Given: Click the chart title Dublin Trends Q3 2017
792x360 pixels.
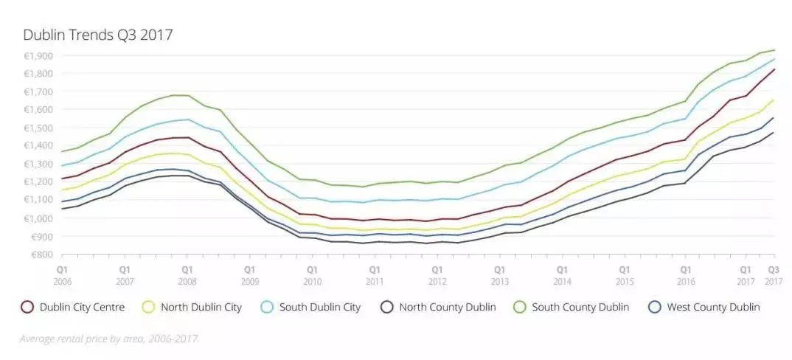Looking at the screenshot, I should (97, 35).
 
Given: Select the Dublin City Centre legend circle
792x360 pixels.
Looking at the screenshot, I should (27, 307).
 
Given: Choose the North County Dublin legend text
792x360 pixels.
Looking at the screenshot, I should (448, 307).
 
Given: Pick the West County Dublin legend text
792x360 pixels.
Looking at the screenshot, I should (713, 307).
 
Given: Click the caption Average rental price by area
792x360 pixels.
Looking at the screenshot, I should (109, 339).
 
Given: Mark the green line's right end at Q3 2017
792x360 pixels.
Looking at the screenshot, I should (774, 50).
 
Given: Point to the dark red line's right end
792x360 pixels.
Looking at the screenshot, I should (774, 69).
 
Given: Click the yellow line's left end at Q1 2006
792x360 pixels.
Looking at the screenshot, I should (63, 190).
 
